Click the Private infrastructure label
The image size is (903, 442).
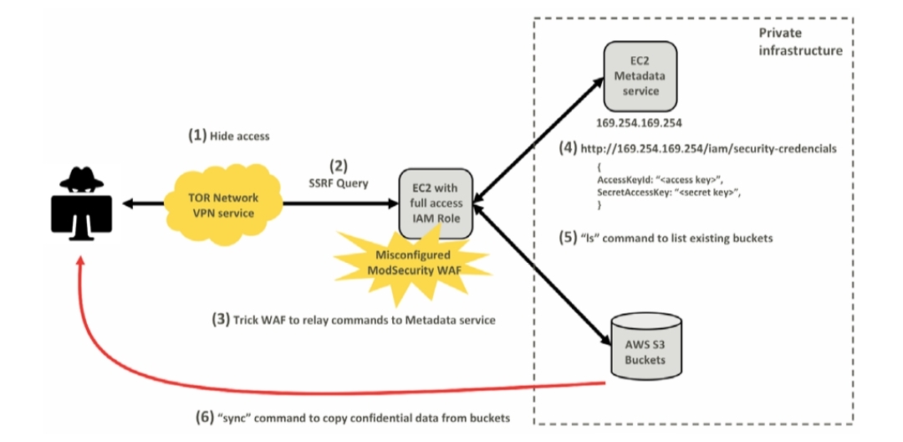point(799,42)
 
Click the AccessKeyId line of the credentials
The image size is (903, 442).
point(665,180)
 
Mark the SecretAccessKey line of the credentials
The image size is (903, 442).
point(670,193)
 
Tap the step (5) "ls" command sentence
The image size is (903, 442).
point(666,238)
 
